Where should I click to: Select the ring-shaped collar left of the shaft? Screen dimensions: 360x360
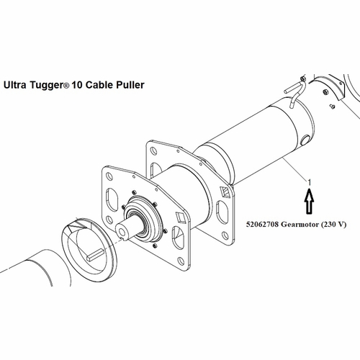tap(91, 247)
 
